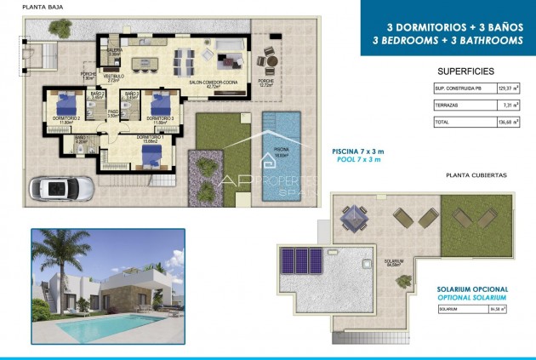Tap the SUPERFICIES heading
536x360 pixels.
465,71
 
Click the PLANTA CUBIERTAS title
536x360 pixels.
476,174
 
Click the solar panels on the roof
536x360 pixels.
304,260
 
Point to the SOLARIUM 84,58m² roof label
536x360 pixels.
393,263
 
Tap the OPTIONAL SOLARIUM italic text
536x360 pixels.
472,298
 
